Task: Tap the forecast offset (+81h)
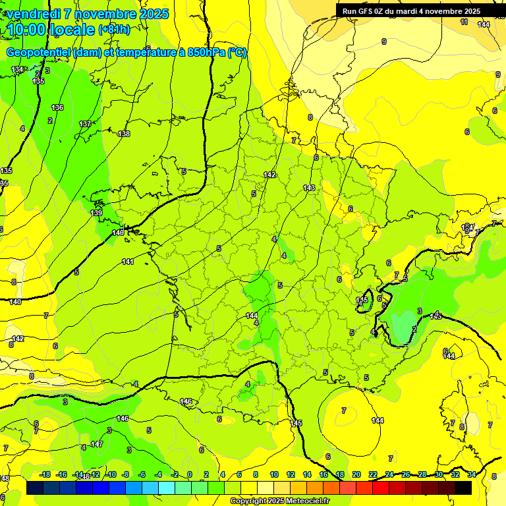[x=113, y=30]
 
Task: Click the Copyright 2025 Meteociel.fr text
[x=279, y=501]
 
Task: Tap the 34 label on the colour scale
[x=472, y=474]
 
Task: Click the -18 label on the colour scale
[x=45, y=474]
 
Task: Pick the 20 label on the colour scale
[x=356, y=474]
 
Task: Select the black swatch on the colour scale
[x=463, y=488]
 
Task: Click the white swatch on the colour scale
[x=266, y=488]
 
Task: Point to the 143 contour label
[x=309, y=188]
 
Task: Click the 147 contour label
[x=97, y=445]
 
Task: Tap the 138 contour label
[x=124, y=134]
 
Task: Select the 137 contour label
[x=85, y=124]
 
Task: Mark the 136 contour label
[x=57, y=107]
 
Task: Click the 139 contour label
[x=96, y=213]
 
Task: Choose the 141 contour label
[x=128, y=262]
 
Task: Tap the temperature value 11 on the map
[x=464, y=22]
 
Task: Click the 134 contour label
[x=18, y=69]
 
